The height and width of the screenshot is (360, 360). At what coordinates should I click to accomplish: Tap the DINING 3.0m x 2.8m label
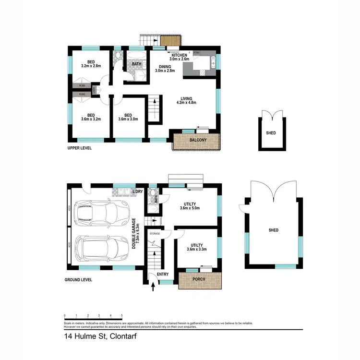pos(164,69)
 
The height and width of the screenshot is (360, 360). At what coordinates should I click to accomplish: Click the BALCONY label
pos(198,140)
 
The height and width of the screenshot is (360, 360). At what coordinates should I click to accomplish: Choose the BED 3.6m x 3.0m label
pos(128,118)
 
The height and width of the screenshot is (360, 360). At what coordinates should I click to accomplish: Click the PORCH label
pos(199,279)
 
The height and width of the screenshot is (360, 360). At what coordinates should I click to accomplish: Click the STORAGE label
pos(155,234)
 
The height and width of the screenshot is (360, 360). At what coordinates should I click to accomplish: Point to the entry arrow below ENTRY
pos(154,287)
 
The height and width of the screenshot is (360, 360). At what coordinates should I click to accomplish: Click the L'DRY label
pos(137,192)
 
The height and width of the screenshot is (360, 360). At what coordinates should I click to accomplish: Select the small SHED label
pos(271,132)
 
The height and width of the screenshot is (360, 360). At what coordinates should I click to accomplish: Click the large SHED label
pos(274,230)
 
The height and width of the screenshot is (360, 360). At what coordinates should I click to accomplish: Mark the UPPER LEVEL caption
pos(80,148)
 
